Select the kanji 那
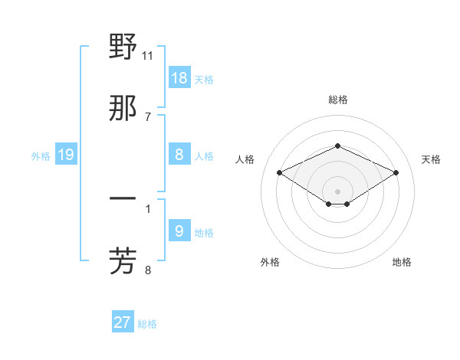point(123,108)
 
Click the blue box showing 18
point(179,77)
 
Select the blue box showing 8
point(179,154)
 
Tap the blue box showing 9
point(179,231)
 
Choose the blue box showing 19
point(66,155)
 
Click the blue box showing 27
point(123,322)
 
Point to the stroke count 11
point(148,56)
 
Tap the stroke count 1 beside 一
point(148,208)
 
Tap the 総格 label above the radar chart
point(337,100)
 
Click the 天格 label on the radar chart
point(431,159)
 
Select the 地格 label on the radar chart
point(402,262)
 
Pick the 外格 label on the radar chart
point(270,262)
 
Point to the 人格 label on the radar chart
point(245,159)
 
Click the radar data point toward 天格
point(396,172)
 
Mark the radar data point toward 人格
point(279,172)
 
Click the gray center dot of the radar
point(337,191)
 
